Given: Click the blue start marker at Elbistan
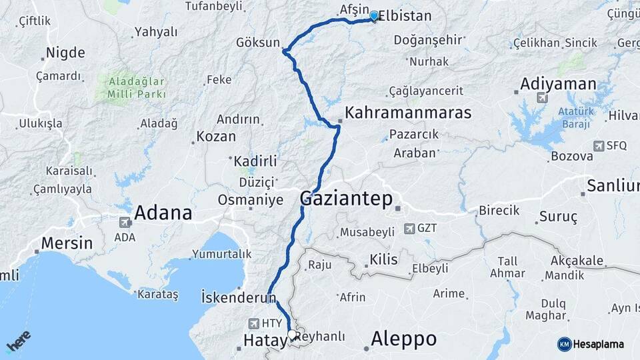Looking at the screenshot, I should pos(374,16).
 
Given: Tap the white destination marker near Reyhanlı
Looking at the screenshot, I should pos(292,335).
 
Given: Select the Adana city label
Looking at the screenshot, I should pos(163,213).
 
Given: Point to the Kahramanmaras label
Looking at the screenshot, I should pos(408,111).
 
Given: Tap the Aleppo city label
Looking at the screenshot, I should pos(405,338).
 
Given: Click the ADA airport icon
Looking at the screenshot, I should pos(125,222).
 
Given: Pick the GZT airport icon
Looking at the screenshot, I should pos(409,229).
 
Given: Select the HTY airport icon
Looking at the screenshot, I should pos(254,323).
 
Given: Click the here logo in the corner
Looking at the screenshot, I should pos(18,342).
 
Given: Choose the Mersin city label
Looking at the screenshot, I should pos(67,243).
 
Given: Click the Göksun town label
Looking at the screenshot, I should pos(257,42).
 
